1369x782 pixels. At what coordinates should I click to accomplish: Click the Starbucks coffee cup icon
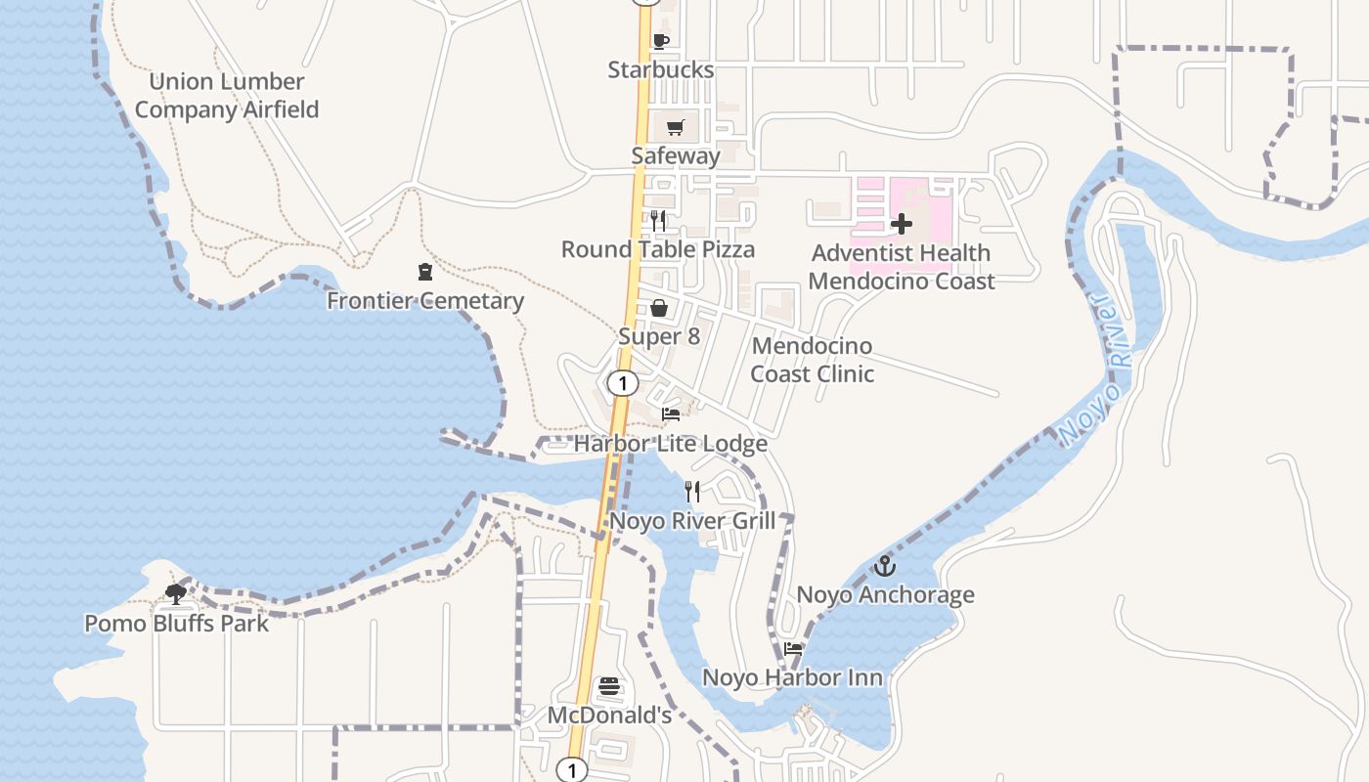click(x=660, y=41)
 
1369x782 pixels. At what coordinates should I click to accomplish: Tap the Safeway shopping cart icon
click(x=676, y=127)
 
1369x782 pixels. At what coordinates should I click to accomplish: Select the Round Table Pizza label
click(x=657, y=249)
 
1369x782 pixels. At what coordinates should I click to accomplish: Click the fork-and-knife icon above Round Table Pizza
click(x=658, y=220)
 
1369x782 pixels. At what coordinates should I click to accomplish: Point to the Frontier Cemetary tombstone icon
click(x=425, y=272)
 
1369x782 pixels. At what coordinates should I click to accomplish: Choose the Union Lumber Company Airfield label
click(x=227, y=96)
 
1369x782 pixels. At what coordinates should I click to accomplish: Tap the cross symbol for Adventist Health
click(x=902, y=224)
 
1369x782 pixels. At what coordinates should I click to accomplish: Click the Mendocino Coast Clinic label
click(x=812, y=360)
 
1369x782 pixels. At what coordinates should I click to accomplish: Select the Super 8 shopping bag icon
click(x=660, y=309)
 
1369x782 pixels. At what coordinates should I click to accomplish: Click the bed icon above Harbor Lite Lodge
click(x=671, y=414)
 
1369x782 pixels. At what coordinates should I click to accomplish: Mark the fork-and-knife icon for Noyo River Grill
click(x=692, y=491)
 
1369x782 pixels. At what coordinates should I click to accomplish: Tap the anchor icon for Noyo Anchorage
click(x=885, y=566)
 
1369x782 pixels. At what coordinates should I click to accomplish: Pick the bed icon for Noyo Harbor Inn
click(x=793, y=648)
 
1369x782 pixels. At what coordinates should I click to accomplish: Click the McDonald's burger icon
click(x=609, y=686)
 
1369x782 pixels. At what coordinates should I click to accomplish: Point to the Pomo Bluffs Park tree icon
click(x=176, y=593)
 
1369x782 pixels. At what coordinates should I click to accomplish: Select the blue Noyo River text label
click(x=1097, y=369)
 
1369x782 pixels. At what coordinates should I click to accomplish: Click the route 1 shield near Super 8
click(x=622, y=383)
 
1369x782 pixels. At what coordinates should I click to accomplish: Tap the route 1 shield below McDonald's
click(x=572, y=770)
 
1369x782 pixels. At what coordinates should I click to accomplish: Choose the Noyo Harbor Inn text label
click(x=792, y=677)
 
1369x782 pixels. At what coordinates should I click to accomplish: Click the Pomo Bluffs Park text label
click(x=176, y=624)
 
